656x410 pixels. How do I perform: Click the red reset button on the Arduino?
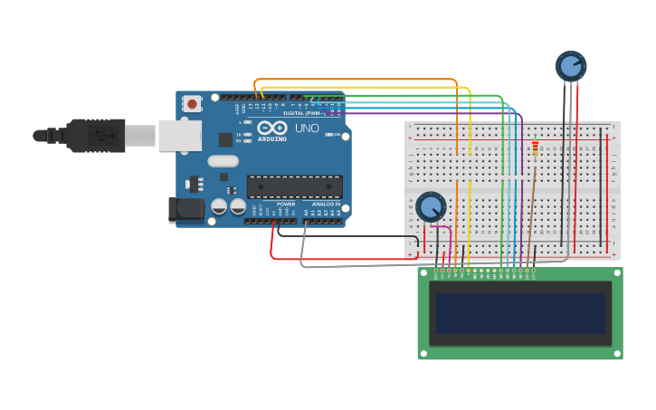[x=192, y=103]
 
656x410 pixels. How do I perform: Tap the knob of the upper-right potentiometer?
[x=571, y=65]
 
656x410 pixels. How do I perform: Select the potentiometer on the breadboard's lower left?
[x=431, y=207]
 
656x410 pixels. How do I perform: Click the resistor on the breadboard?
[x=535, y=148]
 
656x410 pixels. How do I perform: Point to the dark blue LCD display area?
[x=520, y=312]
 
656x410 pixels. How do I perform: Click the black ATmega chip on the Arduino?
[x=295, y=186]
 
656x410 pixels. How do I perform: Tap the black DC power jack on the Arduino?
[x=186, y=210]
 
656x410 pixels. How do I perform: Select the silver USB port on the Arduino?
[x=179, y=135]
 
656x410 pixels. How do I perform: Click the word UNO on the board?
[x=307, y=129]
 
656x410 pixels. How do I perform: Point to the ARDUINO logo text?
[x=272, y=139]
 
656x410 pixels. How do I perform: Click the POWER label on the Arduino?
[x=286, y=205]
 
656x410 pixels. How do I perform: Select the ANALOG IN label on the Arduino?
[x=326, y=205]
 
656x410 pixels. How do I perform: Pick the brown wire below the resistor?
[x=531, y=208]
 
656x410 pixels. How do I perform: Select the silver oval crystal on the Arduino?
[x=223, y=161]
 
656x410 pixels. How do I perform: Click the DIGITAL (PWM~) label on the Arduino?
[x=300, y=113]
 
